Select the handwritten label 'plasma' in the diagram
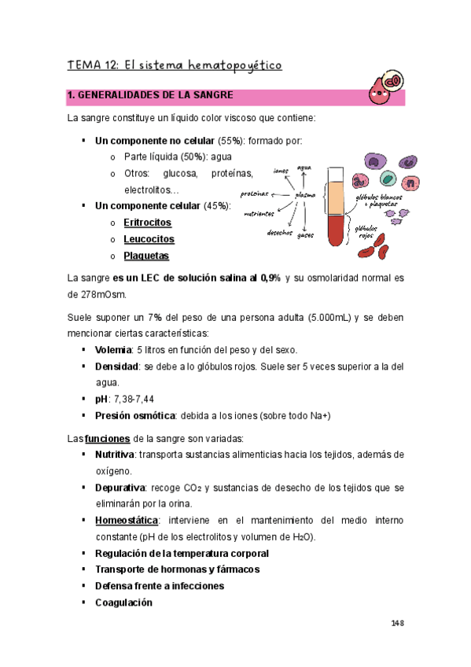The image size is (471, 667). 305,195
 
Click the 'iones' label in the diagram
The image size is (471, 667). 281,170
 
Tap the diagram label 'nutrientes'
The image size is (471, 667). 259,213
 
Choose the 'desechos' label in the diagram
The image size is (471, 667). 280,232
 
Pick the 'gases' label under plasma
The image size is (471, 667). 307,234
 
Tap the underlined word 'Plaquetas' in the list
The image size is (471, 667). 146,256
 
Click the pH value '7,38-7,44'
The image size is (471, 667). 136,399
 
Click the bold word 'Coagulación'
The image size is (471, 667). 123,603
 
